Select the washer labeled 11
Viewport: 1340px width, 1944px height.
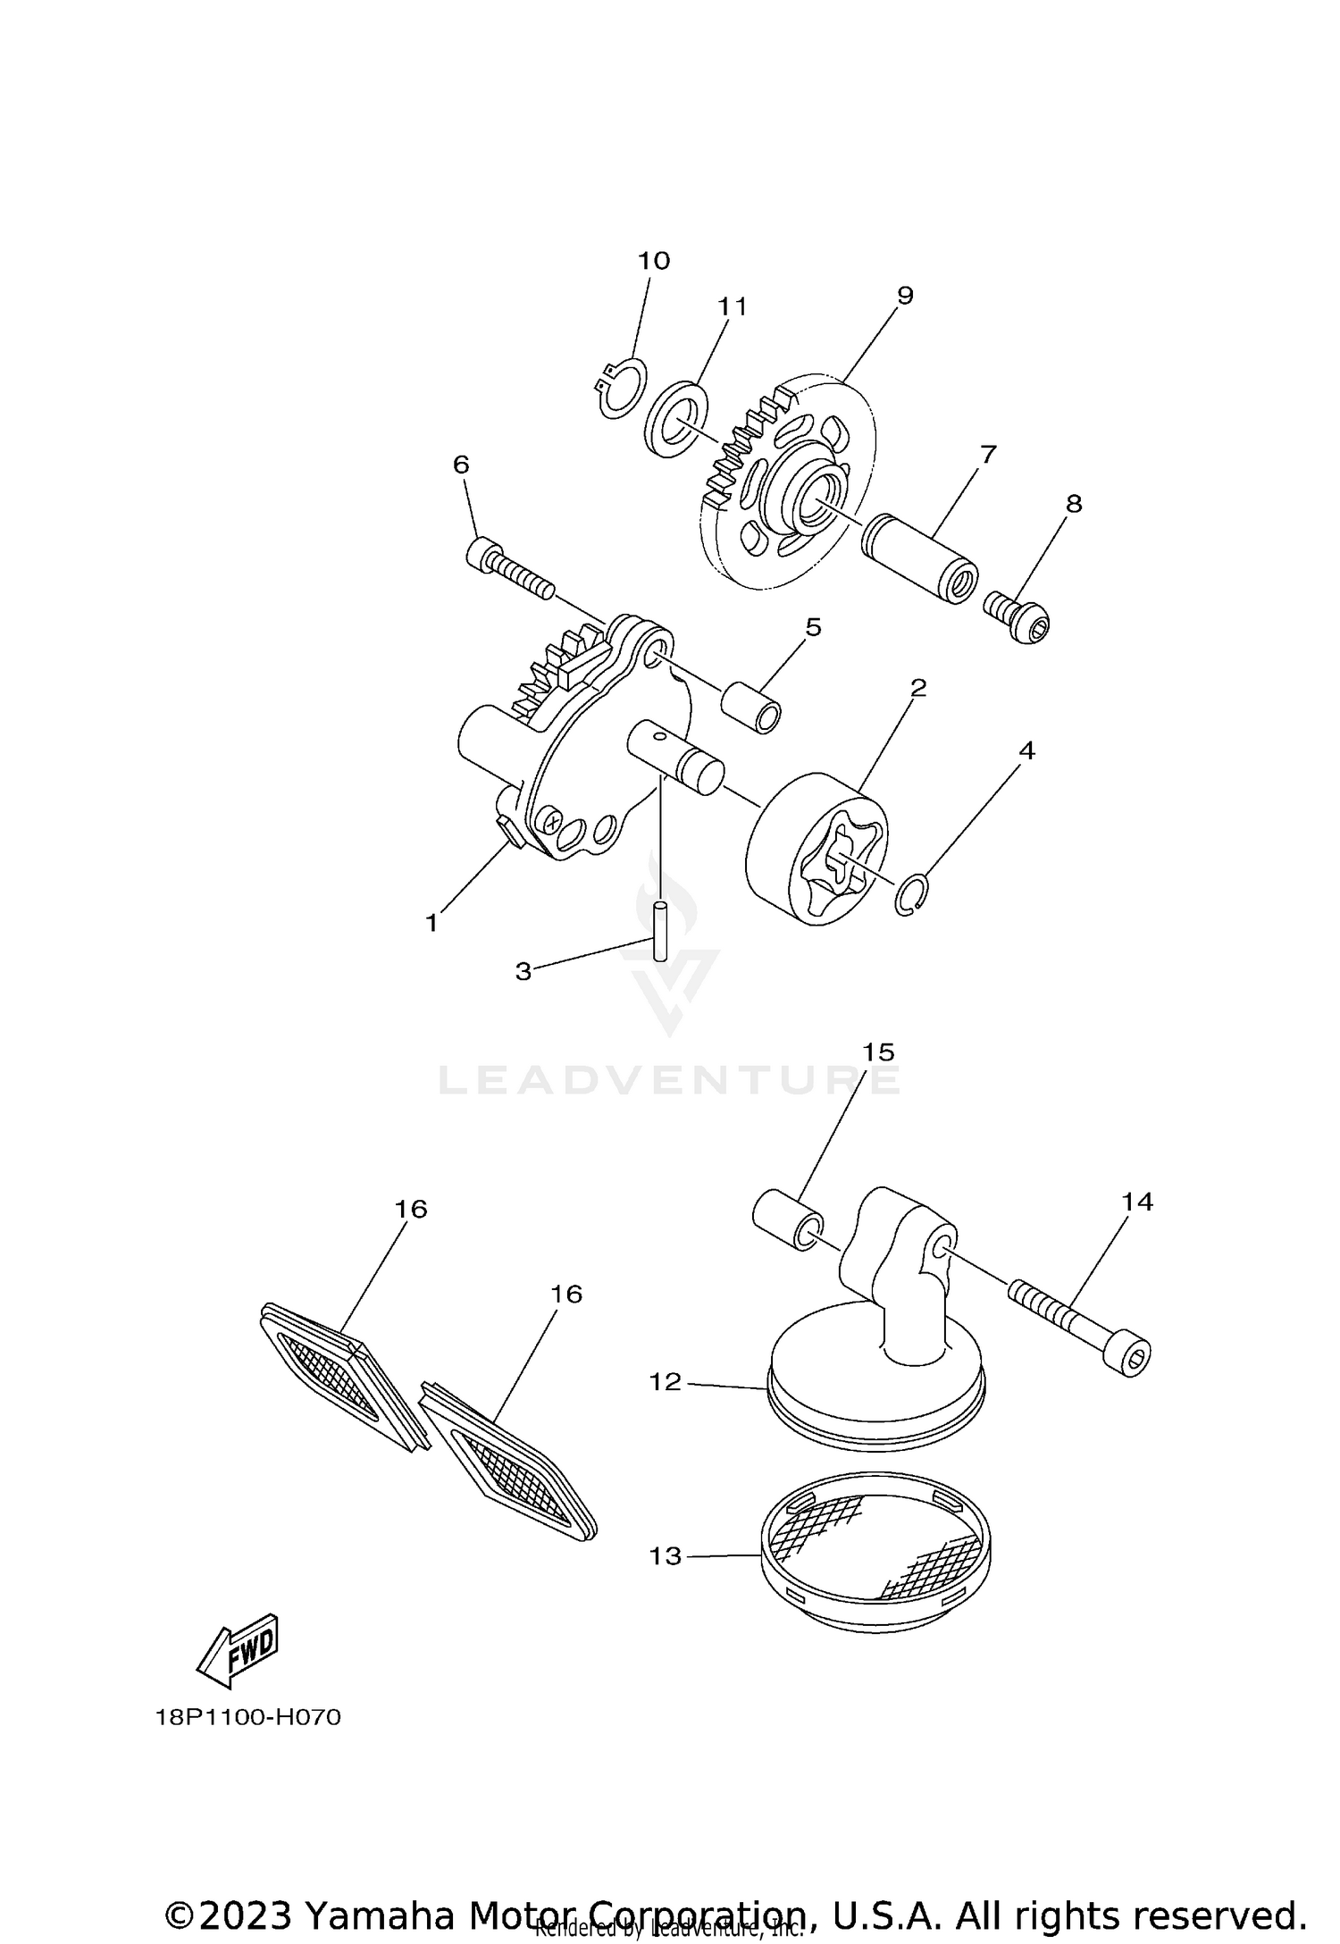[677, 415]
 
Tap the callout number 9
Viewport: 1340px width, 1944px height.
[905, 296]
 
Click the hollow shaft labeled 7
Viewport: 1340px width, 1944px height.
[920, 558]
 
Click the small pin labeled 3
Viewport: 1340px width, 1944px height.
[660, 931]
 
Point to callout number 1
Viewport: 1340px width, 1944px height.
[432, 923]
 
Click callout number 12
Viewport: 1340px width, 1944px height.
[666, 1381]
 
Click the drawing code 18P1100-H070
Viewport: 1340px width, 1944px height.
[247, 1718]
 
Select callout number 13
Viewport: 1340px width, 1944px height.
[666, 1555]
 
